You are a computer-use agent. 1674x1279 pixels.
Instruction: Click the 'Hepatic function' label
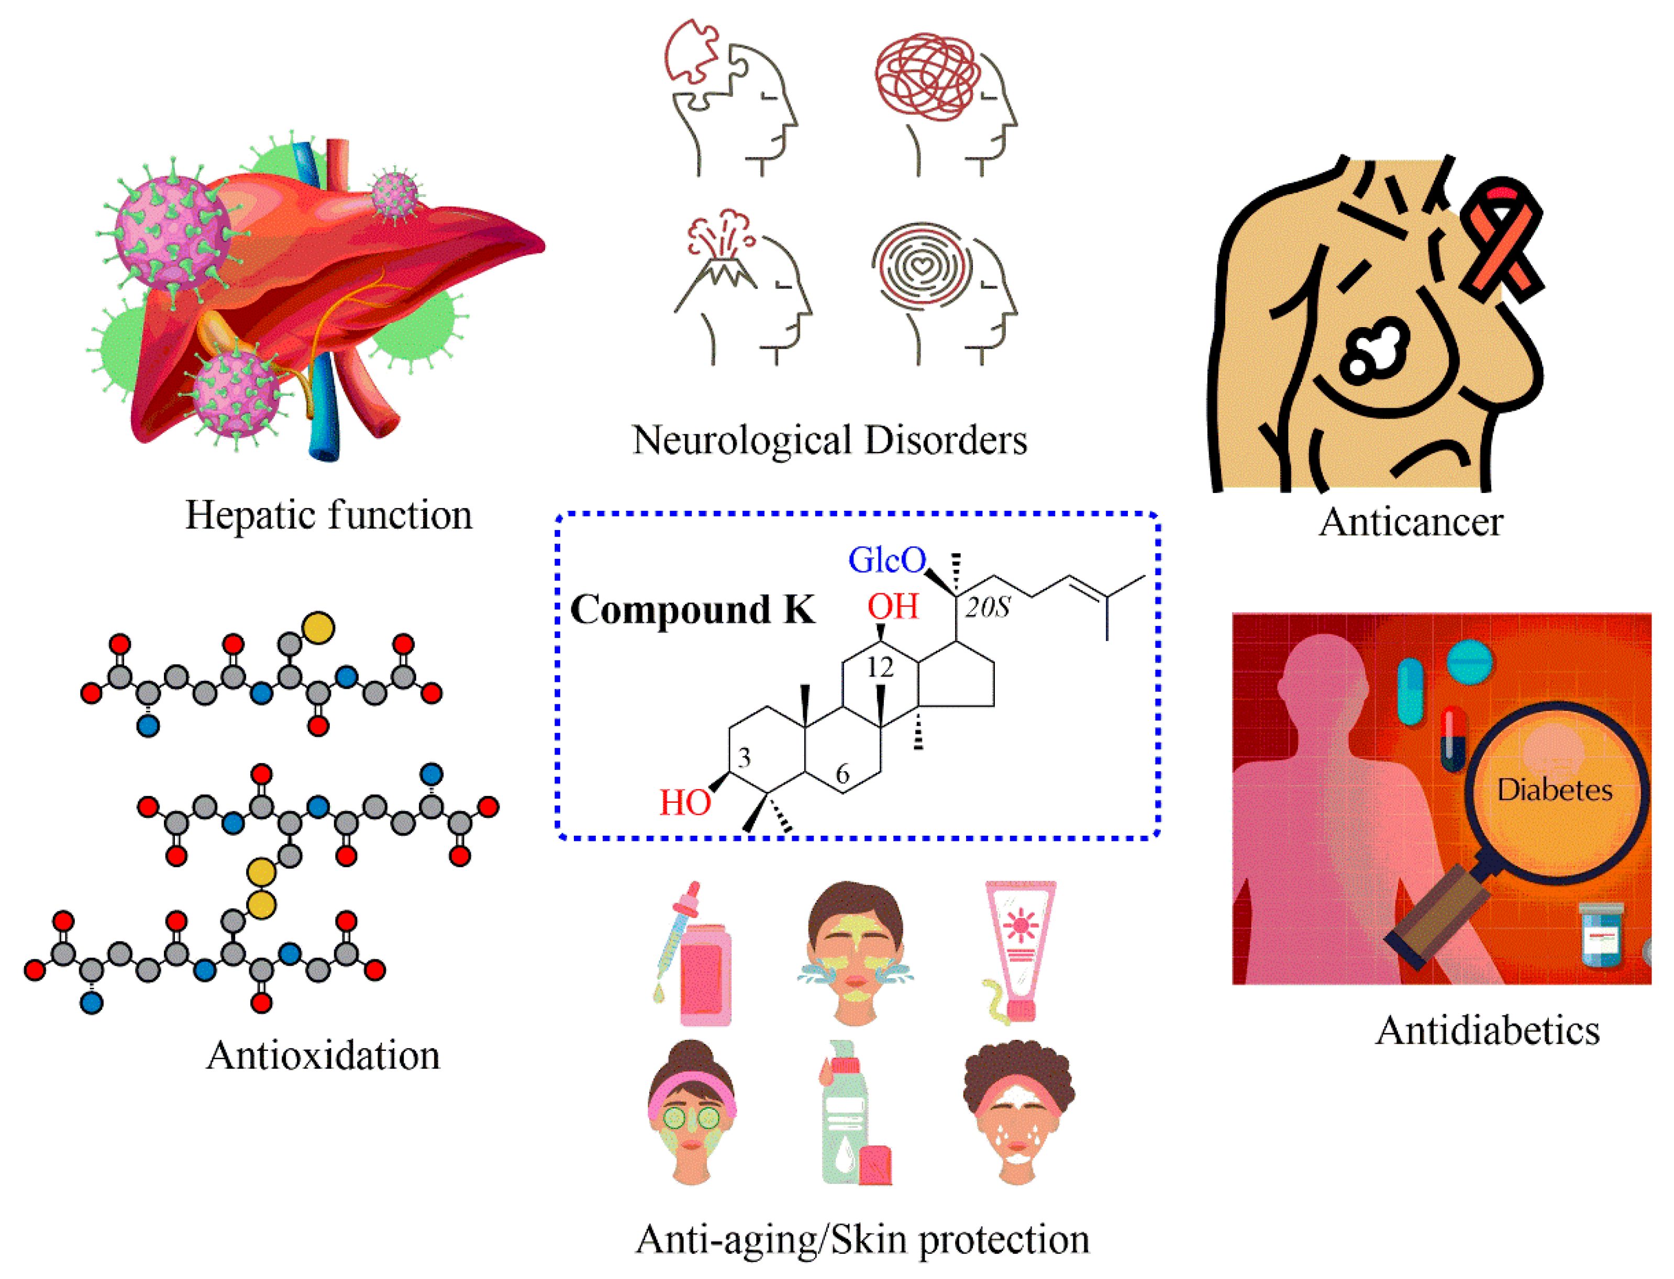click(328, 515)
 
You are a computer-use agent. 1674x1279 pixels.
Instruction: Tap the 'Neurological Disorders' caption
click(829, 441)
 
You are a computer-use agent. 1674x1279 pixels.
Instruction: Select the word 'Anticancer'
click(1411, 523)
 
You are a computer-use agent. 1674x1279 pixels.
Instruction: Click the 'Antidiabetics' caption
click(1487, 1031)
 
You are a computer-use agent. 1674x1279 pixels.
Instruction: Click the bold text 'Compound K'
click(692, 610)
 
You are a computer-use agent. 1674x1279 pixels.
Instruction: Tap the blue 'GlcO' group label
click(886, 561)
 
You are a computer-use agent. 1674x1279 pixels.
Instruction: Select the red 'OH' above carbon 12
click(893, 607)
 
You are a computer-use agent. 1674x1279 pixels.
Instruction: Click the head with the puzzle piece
click(731, 99)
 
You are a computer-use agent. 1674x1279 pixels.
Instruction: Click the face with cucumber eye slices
click(692, 1113)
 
